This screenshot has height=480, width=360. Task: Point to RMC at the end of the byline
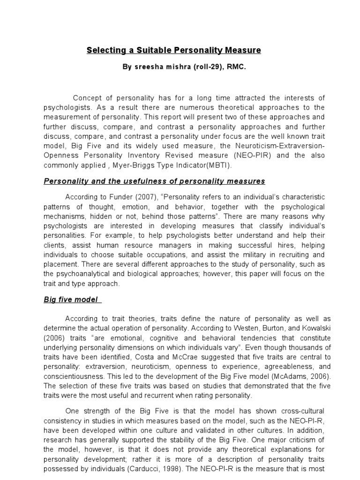tap(237, 67)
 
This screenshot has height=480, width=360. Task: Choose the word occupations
tap(165, 255)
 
